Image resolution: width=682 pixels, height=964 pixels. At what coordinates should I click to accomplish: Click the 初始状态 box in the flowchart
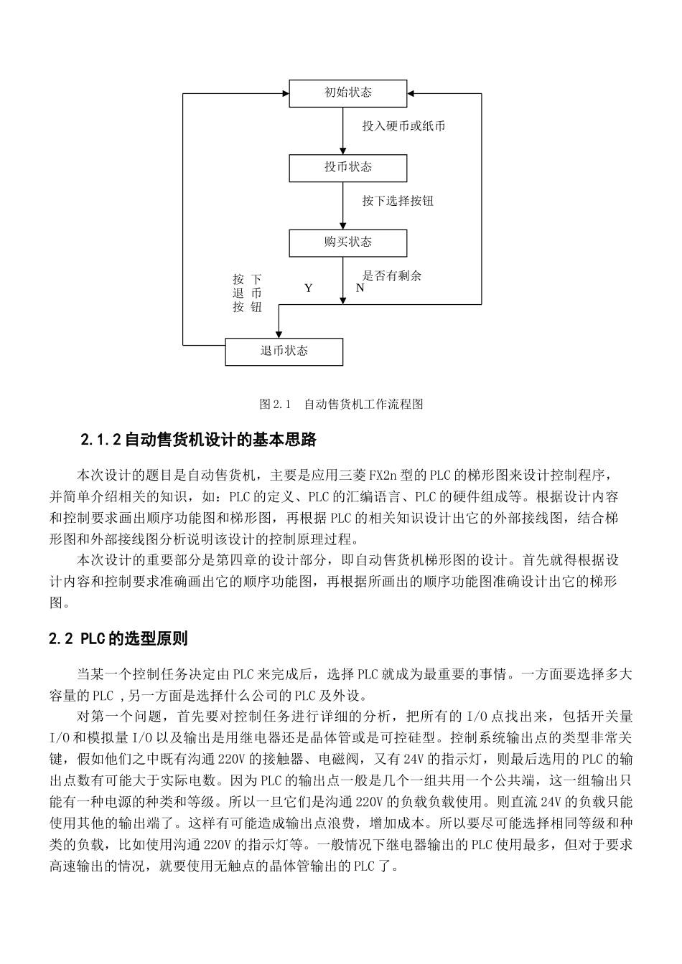point(347,93)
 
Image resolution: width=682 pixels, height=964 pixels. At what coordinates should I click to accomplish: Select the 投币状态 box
point(347,167)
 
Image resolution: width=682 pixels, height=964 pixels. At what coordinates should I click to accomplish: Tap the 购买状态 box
point(347,242)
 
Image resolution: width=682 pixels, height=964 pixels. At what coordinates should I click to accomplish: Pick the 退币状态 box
point(284,351)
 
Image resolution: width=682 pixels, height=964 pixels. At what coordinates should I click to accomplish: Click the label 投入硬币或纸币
point(403,126)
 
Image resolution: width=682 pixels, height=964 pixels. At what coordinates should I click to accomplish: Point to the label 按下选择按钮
point(397,201)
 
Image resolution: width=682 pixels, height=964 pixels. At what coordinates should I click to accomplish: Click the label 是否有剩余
point(391,275)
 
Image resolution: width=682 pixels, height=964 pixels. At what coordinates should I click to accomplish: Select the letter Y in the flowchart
point(308,288)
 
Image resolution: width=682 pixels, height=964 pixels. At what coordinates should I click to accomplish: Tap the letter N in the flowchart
point(360,288)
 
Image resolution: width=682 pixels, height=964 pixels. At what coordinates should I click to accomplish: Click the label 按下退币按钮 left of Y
point(246,293)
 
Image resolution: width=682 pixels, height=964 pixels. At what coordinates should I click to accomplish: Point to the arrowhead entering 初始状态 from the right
point(411,93)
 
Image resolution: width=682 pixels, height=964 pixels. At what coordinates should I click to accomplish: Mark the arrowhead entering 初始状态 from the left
point(285,93)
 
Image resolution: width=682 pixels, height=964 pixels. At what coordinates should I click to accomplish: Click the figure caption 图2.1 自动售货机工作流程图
point(341,405)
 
